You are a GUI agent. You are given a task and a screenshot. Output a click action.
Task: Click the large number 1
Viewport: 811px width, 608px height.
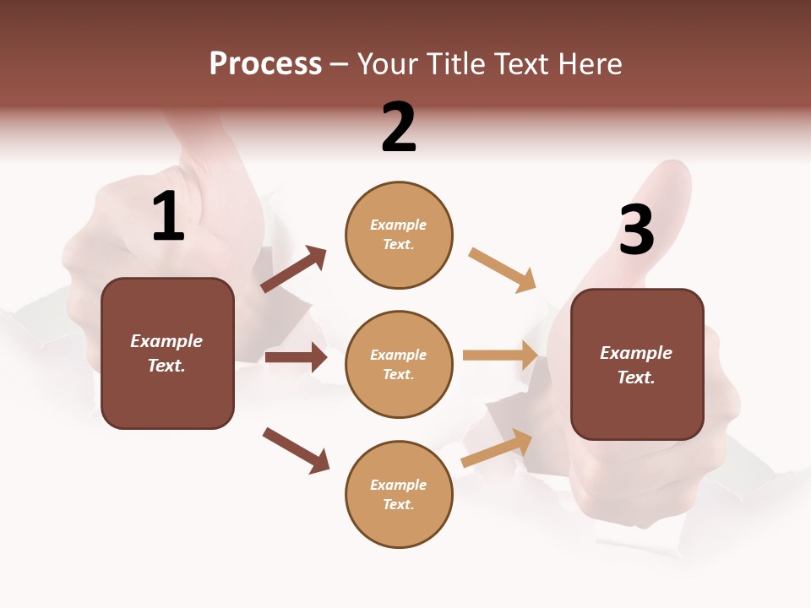168,217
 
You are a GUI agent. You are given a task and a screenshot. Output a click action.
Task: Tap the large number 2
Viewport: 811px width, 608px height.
399,128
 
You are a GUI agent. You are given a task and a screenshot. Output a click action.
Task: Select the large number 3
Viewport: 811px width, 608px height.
636,231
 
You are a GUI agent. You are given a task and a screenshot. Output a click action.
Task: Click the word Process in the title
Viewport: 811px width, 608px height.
265,64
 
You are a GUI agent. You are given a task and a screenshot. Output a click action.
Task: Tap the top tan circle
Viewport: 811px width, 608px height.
399,235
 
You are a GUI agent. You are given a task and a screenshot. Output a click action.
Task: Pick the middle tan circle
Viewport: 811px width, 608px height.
399,364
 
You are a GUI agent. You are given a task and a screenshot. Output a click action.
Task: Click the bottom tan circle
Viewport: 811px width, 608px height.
399,494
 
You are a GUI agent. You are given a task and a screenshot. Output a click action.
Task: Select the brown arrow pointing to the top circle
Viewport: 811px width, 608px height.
294,269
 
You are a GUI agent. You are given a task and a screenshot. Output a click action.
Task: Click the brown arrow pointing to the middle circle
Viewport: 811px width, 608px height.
296,357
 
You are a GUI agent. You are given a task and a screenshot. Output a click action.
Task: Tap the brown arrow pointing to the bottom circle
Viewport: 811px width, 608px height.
297,450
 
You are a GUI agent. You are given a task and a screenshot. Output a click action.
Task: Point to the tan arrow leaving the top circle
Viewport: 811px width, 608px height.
503,270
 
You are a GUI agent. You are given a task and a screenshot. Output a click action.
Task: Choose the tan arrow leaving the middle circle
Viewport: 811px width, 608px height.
500,355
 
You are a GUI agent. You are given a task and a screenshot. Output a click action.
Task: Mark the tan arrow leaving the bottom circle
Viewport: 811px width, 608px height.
497,448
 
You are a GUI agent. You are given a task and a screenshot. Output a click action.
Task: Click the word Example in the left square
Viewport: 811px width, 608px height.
166,341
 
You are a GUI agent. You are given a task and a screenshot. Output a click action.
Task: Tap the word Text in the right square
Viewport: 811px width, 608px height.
635,377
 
